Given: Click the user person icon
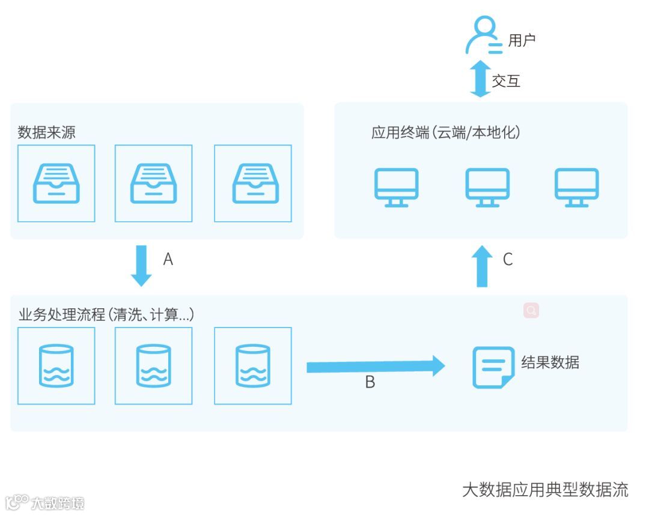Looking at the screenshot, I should coord(484,36).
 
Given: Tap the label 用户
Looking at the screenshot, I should coord(522,40).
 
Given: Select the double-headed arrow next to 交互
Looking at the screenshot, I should coord(480,79).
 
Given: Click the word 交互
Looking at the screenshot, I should coord(506,81).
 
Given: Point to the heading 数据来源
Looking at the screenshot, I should coord(47,132).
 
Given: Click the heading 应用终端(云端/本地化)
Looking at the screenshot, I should coord(445,132).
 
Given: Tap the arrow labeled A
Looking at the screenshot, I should coord(142,265).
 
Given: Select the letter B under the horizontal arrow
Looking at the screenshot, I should coord(370,382).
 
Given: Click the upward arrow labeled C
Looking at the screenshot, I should coord(481,266).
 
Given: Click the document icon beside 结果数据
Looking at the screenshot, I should coord(493,367).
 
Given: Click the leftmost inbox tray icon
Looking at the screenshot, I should coord(56,183).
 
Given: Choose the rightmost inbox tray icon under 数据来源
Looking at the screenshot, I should coord(253,183).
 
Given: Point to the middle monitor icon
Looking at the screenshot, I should coord(487,187).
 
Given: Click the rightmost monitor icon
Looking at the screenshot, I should coord(576,187).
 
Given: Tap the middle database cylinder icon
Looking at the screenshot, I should coord(153,365).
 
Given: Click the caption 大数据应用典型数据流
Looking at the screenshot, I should coord(544,489).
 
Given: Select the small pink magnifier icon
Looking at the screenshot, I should coord(531,310).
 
